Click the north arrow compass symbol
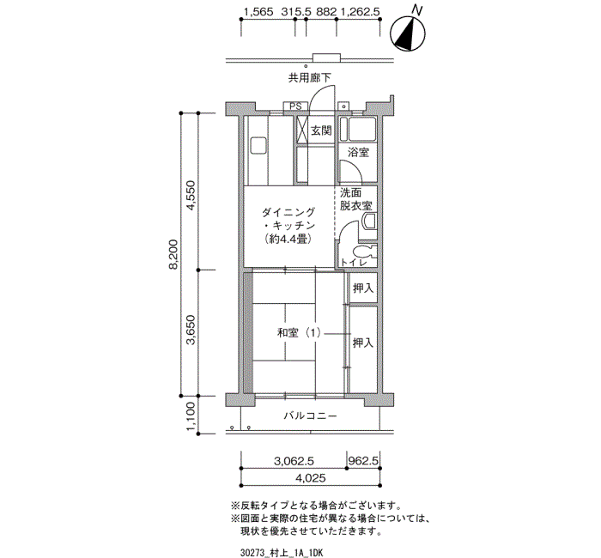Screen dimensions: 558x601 409,33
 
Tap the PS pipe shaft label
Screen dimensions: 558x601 296,106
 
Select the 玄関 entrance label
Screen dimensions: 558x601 321,130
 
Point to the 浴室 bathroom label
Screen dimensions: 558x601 358,152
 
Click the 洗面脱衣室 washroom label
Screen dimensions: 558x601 355,199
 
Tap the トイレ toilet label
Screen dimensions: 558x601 351,261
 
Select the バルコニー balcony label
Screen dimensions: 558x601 309,416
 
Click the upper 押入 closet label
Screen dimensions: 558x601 362,288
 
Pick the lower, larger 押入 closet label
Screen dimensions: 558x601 362,343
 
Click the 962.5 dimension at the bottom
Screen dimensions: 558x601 364,461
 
